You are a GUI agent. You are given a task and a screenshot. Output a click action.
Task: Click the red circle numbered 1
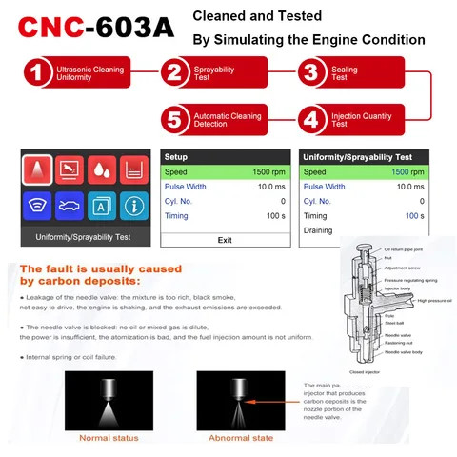(x=35, y=74)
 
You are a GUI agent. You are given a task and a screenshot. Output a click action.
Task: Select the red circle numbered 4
(x=310, y=121)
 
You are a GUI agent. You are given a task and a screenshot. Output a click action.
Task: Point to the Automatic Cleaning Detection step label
(x=225, y=121)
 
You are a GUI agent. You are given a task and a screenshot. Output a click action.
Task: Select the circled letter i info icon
(x=134, y=204)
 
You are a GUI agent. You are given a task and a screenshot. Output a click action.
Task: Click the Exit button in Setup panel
(x=225, y=240)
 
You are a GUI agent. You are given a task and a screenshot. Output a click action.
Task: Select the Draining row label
(x=318, y=230)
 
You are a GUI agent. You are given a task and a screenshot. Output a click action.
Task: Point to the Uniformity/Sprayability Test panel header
(x=358, y=157)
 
